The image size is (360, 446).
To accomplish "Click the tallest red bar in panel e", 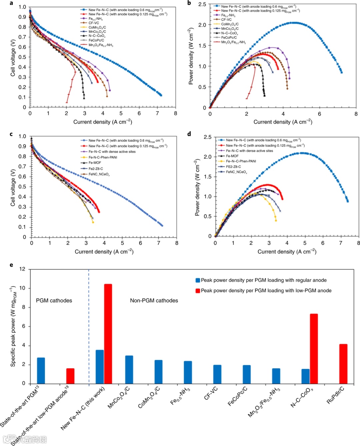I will [x=108, y=334].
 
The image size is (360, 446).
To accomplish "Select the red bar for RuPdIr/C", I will [x=343, y=364].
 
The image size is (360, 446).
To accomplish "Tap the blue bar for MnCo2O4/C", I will [x=129, y=370].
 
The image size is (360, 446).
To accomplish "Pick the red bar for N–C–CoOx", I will [x=314, y=349].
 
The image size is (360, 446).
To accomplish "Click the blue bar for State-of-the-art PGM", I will [x=41, y=371].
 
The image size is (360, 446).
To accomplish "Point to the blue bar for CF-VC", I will [x=217, y=374].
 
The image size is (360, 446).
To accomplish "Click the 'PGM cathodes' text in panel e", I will [x=54, y=301].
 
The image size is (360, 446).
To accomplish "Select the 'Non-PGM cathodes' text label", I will [x=154, y=301].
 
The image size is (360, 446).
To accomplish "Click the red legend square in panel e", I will [x=198, y=291].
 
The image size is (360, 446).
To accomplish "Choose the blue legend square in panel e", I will [x=198, y=280].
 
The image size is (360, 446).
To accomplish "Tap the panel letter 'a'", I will [x=11, y=3].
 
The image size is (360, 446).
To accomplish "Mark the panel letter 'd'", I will [x=189, y=134].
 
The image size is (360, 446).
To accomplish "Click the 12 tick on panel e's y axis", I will [x=22, y=269].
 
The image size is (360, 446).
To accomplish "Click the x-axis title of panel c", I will [x=104, y=252].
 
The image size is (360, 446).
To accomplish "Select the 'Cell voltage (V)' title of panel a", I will [x=13, y=58].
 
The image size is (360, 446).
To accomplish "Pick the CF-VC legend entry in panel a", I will [x=94, y=23].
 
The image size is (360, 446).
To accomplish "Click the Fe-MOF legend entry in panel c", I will [x=95, y=163].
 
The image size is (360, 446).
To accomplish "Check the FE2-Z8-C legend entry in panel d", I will [x=233, y=166].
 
